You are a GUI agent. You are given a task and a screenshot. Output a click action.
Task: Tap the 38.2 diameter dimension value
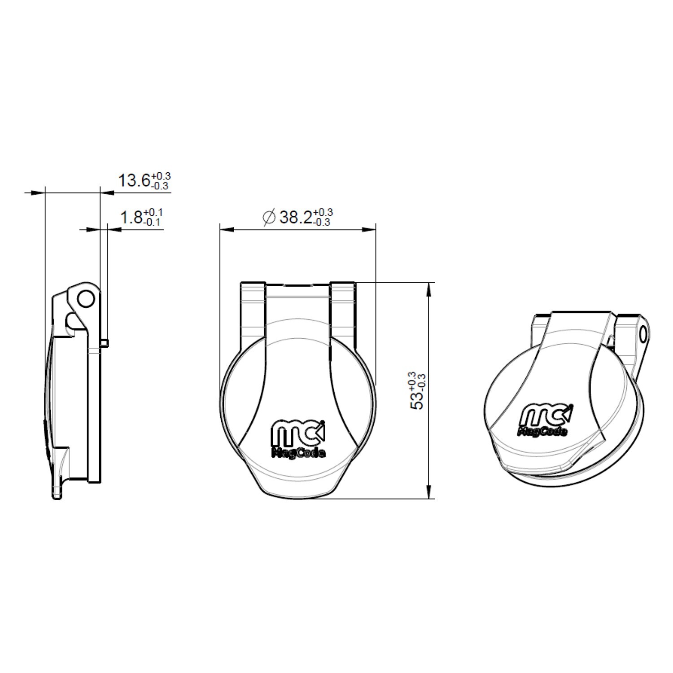pyautogui.click(x=296, y=218)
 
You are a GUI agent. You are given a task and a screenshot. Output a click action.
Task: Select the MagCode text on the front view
pyautogui.click(x=298, y=453)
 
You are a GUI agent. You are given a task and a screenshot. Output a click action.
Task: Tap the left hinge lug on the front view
pyautogui.click(x=253, y=310)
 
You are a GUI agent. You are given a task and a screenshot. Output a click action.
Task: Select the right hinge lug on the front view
pyautogui.click(x=343, y=310)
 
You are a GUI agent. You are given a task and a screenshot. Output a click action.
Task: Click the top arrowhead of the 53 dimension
pyautogui.click(x=429, y=289)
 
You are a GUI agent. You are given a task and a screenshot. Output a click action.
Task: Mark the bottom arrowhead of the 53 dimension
pyautogui.click(x=429, y=491)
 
